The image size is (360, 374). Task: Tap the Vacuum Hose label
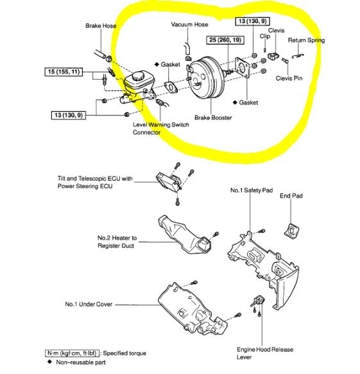[x=189, y=24]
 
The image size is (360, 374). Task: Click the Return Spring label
[x=306, y=40]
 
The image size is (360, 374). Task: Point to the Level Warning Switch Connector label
[x=160, y=128]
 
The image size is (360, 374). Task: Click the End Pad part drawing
[x=292, y=228]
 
